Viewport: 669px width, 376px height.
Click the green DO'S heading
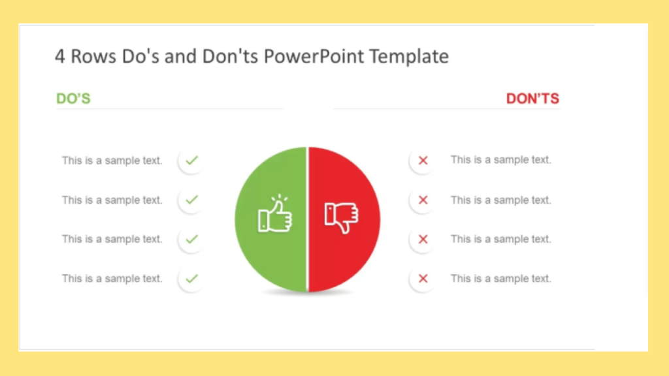(73, 99)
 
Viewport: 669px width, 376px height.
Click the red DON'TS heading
(532, 99)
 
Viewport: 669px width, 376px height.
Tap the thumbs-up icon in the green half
(275, 213)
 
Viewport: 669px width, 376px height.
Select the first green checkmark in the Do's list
(192, 161)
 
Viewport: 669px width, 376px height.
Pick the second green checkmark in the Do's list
(192, 200)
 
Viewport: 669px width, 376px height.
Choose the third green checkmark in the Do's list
(192, 239)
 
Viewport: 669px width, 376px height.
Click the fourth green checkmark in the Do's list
(192, 278)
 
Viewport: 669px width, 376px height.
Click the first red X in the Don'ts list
(423, 161)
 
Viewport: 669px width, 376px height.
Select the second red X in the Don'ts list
(423, 200)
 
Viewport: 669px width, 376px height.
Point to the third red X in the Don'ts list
(423, 239)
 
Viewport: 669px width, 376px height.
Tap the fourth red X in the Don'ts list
(423, 278)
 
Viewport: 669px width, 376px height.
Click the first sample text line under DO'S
(112, 161)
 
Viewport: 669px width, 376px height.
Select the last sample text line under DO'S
(112, 279)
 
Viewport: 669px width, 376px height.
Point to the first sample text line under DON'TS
(501, 160)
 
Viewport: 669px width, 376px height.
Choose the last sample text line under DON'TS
(501, 279)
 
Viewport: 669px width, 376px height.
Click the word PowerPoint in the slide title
(314, 56)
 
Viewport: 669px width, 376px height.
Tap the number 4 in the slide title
(59, 57)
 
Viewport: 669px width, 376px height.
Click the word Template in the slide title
(409, 56)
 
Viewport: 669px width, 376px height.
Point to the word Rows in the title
(93, 56)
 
